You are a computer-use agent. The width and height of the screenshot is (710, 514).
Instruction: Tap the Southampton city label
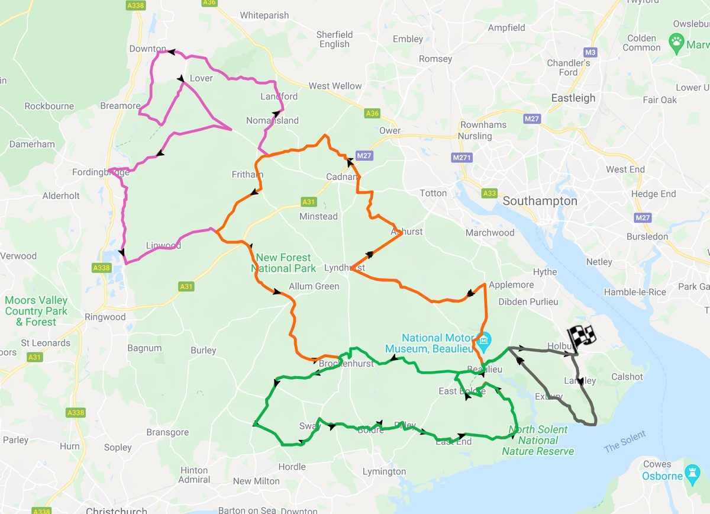[540, 201]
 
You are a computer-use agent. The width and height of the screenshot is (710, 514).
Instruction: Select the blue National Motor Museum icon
[484, 340]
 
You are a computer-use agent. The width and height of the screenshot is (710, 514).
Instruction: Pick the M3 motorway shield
[590, 52]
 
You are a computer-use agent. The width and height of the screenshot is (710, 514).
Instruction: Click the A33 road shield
[489, 193]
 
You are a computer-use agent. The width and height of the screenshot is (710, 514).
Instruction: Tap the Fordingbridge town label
[100, 172]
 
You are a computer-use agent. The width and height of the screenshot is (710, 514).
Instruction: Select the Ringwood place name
[105, 317]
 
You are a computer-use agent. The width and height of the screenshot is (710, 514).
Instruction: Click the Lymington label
[384, 472]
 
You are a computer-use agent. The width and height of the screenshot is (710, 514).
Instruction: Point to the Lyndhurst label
[344, 268]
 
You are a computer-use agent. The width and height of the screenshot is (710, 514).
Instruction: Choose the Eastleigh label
[573, 98]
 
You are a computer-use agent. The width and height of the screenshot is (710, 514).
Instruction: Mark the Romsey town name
[435, 59]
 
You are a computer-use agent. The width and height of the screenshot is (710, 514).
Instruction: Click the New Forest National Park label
[283, 263]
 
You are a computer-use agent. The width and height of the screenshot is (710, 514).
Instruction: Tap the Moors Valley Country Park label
[36, 311]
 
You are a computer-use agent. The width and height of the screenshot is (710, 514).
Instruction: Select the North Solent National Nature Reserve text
[538, 441]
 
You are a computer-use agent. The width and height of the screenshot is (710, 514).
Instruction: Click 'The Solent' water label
[624, 441]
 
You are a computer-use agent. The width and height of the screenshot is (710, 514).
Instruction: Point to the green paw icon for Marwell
[676, 41]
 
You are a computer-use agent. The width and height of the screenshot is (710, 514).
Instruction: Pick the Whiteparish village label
[264, 15]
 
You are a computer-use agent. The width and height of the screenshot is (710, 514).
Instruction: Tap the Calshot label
[627, 377]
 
